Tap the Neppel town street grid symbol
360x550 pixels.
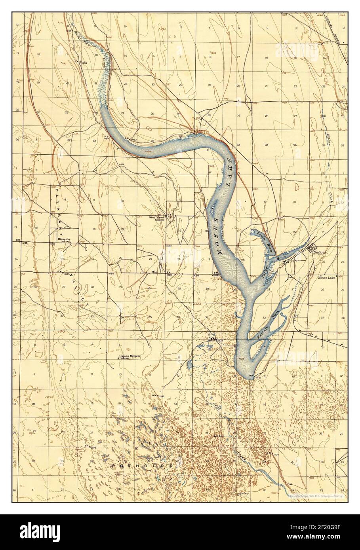pyautogui.click(x=310, y=247)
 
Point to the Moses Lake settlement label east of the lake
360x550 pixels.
pyautogui.click(x=327, y=277)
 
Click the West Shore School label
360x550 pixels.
pyautogui.click(x=157, y=218)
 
